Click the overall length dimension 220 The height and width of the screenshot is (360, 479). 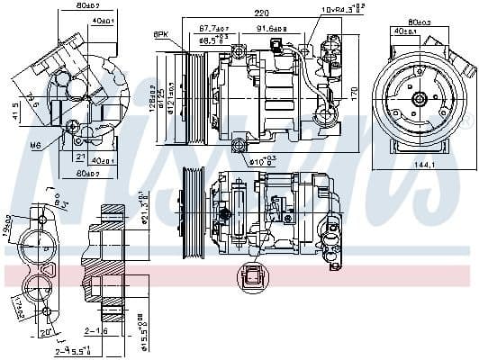[261, 13]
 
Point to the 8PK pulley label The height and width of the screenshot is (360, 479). [162, 34]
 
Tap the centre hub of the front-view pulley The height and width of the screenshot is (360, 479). [419, 100]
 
